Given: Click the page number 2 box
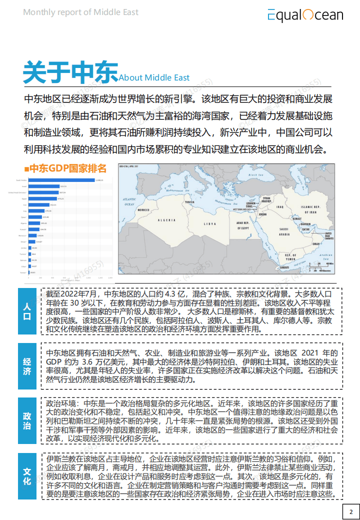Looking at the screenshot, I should point(351,511).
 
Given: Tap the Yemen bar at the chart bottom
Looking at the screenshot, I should point(30,273).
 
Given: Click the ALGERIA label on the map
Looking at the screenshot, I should point(167,220).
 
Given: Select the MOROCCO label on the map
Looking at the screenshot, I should point(144,210).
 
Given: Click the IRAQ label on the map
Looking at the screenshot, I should point(279,206).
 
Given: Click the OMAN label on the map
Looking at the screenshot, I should point(315,244).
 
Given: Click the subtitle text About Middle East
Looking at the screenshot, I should point(154,77).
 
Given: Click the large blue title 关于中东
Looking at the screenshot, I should point(70,72).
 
